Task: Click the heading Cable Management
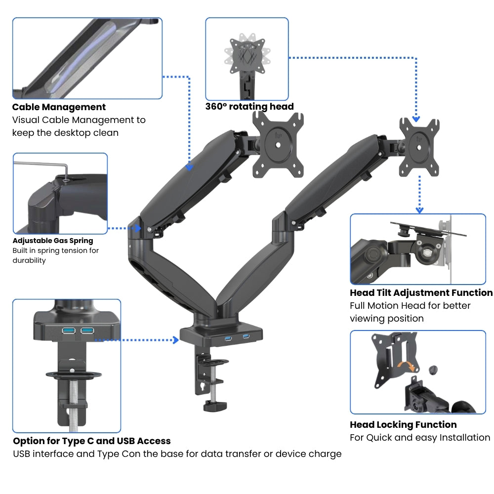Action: pyautogui.click(x=59, y=107)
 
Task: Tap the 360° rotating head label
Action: pyautogui.click(x=249, y=107)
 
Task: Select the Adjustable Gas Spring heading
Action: pyautogui.click(x=53, y=241)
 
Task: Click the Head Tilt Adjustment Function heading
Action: pyautogui.click(x=421, y=293)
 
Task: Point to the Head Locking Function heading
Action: pyautogui.click(x=403, y=425)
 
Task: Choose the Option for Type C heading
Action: pyautogui.click(x=92, y=441)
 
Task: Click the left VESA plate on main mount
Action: pyautogui.click(x=278, y=145)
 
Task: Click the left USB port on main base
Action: pyautogui.click(x=228, y=338)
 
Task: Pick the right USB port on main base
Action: pyautogui.click(x=246, y=336)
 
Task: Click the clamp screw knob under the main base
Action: pyautogui.click(x=215, y=406)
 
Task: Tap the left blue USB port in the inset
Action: pyautogui.click(x=68, y=330)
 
